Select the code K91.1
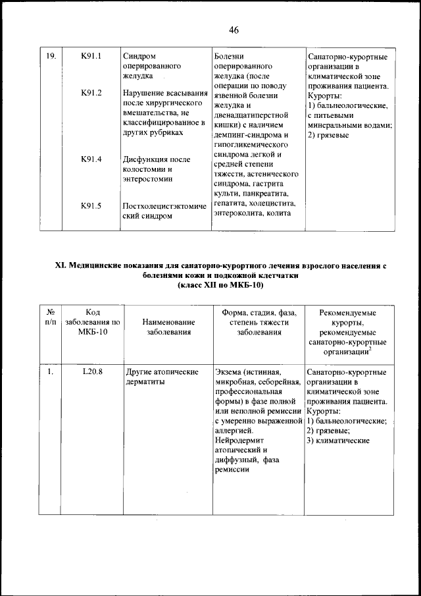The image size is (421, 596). (91, 57)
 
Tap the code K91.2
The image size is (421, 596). (91, 92)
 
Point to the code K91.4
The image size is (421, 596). (91, 159)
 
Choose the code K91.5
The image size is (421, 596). (91, 205)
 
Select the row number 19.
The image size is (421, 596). (50, 57)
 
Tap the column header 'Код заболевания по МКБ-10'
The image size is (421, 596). (92, 322)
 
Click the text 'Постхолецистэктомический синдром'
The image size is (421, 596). (164, 211)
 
